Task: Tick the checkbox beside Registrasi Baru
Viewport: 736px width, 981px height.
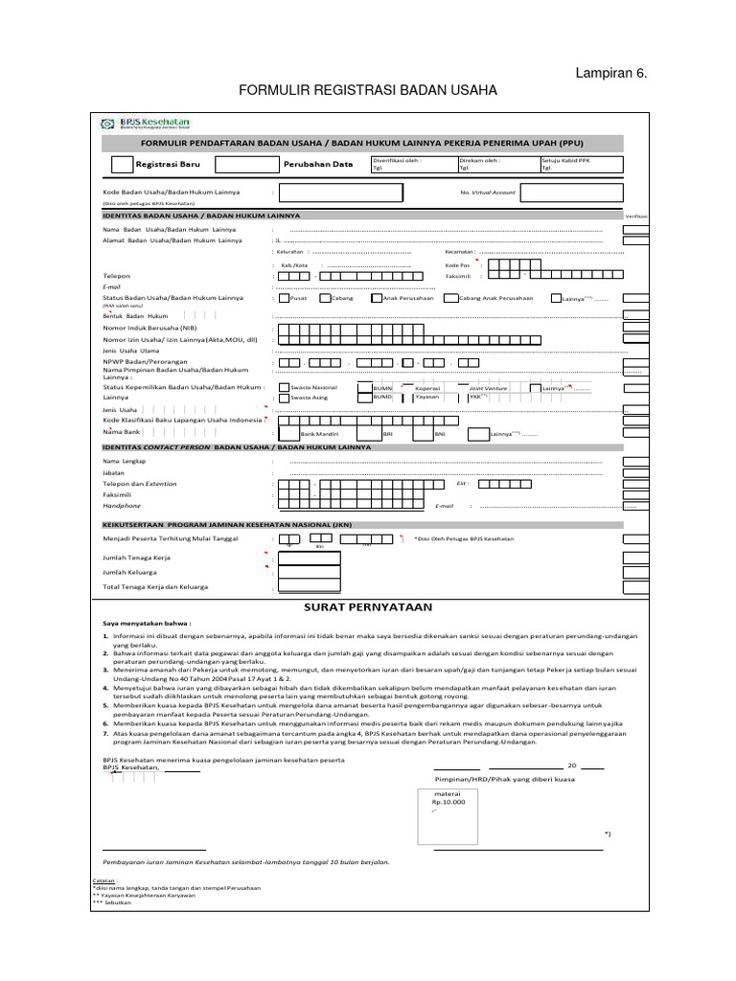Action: (123, 164)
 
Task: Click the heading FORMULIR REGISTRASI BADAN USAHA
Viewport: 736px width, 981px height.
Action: (368, 90)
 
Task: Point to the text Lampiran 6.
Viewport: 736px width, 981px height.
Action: (605, 73)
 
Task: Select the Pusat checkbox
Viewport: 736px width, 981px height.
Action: (282, 299)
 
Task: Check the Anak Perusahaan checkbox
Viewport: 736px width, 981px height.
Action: (377, 299)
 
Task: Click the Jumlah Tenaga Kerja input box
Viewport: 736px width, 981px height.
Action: (310, 558)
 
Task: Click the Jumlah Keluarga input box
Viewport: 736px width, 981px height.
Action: (310, 572)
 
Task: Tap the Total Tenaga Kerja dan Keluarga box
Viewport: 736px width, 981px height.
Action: (310, 586)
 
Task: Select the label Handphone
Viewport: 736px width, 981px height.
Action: (122, 506)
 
